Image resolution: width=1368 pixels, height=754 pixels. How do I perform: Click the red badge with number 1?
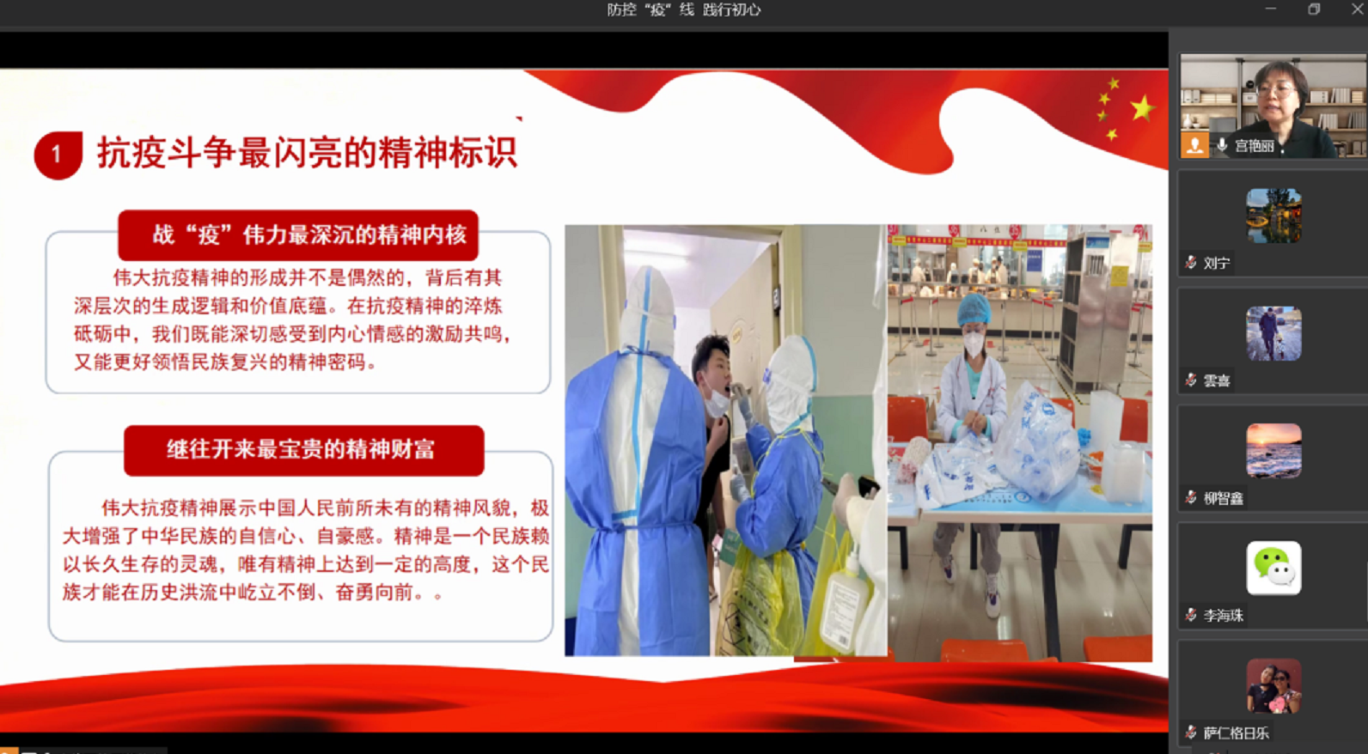(58, 155)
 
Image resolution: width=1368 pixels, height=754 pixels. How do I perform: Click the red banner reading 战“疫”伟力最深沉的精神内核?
(298, 235)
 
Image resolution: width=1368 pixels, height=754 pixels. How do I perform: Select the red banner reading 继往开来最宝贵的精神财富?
(303, 450)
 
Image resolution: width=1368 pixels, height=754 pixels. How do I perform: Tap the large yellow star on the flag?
(1142, 109)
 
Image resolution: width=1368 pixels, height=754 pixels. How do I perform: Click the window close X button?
(1357, 9)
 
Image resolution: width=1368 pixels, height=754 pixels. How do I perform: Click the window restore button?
(1314, 9)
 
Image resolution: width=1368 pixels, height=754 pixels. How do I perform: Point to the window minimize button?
(1271, 9)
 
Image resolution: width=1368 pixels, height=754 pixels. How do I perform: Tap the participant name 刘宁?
(1217, 263)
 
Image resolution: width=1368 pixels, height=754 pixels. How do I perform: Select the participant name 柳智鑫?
(1224, 498)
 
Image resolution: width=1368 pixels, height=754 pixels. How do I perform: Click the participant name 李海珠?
(1224, 616)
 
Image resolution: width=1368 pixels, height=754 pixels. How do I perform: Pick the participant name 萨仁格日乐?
(1236, 733)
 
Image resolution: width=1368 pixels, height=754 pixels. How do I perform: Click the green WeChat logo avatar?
(1273, 568)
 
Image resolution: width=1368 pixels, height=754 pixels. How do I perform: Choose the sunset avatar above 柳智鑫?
(1273, 451)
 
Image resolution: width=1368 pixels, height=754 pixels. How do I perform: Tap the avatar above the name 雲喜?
(1273, 333)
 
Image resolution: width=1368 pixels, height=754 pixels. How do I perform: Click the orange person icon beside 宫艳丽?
(1194, 145)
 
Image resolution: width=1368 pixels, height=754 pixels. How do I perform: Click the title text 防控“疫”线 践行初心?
(684, 9)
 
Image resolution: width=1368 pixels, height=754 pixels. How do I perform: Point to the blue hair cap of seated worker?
(974, 309)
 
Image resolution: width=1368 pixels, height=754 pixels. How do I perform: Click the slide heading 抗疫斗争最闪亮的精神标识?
(307, 152)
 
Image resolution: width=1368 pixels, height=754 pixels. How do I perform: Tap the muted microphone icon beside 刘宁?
(1191, 263)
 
